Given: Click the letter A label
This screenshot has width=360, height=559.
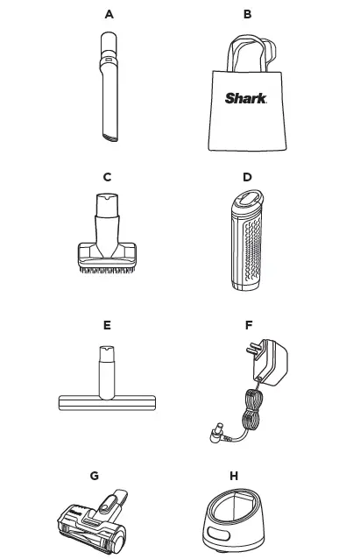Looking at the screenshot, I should [109, 15].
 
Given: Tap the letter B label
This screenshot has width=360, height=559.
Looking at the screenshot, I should [248, 15].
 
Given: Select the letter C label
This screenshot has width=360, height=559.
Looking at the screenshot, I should [107, 178].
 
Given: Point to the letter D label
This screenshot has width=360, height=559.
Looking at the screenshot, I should [247, 178].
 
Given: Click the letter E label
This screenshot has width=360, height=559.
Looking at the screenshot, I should [107, 325].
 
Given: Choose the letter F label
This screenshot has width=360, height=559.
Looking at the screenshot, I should [249, 325].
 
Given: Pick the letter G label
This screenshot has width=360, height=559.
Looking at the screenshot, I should [94, 476].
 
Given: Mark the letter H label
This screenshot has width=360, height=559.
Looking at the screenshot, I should [233, 476].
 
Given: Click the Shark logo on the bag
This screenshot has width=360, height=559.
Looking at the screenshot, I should [246, 98].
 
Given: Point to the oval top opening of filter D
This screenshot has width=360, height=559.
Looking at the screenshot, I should [247, 203].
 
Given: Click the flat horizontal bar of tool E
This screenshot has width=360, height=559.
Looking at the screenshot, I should [107, 402].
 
